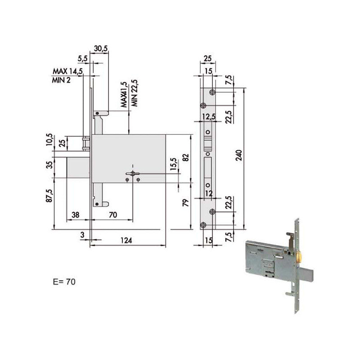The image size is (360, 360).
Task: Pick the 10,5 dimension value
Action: (x=49, y=140)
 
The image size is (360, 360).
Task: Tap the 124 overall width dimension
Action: (x=127, y=241)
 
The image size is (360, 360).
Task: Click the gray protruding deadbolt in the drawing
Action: (x=80, y=167)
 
